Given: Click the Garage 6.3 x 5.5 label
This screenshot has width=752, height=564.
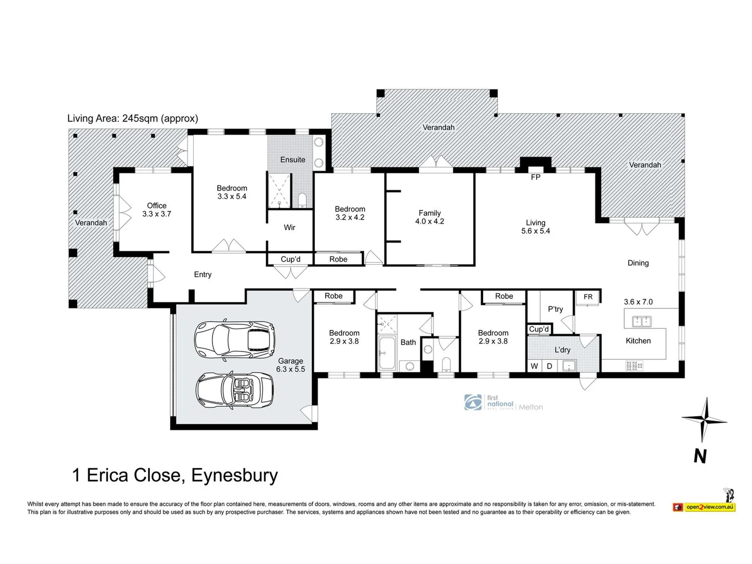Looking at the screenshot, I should tap(290, 365).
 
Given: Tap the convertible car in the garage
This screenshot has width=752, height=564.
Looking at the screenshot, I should tap(234, 390).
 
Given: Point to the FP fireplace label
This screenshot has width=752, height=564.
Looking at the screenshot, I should tap(535, 177).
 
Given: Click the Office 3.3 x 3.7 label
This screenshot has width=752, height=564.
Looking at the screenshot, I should tap(157, 209).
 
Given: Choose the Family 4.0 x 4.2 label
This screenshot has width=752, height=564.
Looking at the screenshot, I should tap(429, 217).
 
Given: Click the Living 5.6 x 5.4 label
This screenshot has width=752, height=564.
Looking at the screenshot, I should tap(535, 227).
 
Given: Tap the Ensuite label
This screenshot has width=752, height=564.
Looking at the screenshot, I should tap(292, 160).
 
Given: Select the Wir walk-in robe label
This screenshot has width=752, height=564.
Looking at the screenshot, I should tap(289, 227).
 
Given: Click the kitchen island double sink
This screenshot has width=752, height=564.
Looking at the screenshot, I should tap(641, 321).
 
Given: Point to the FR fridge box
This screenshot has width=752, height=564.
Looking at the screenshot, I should tap(588, 297).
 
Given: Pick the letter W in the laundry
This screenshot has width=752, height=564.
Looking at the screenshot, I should tap(534, 366).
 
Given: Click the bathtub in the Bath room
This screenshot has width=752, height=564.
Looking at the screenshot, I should tap(387, 353).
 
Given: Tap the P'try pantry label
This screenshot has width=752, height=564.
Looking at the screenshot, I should tap(555, 309).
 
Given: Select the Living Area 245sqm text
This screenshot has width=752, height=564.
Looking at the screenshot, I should tap(133, 119).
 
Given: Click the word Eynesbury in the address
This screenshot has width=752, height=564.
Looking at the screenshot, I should tap(234, 475).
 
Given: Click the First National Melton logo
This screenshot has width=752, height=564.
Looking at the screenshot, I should tap(503, 403).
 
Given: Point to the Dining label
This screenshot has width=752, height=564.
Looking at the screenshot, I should tap(638, 263).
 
